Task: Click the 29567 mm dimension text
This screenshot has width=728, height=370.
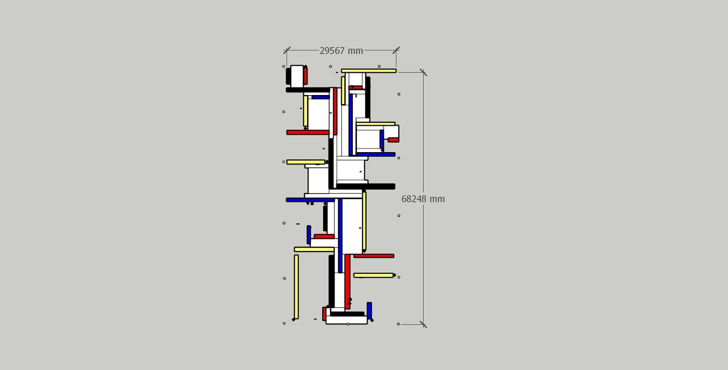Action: tap(341, 51)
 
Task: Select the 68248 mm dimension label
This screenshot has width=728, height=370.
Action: tap(423, 199)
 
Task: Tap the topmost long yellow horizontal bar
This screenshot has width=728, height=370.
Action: tap(369, 71)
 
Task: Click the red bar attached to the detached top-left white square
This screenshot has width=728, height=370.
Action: tap(305, 76)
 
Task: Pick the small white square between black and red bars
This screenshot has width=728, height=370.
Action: tap(297, 76)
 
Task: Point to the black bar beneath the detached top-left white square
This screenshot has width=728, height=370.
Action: tap(308, 90)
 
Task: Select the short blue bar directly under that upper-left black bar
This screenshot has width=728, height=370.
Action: tap(321, 97)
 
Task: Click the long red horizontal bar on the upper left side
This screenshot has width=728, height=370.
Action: tap(308, 132)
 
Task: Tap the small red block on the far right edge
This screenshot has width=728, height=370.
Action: tap(393, 140)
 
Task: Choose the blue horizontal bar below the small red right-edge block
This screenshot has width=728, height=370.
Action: tap(376, 155)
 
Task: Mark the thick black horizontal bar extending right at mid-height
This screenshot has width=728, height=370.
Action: tap(366, 187)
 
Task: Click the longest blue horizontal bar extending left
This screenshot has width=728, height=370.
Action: tap(310, 200)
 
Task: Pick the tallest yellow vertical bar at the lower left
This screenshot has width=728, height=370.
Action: tap(296, 287)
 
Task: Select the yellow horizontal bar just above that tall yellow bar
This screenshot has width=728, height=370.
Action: tap(314, 250)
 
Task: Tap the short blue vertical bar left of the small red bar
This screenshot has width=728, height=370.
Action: tap(309, 235)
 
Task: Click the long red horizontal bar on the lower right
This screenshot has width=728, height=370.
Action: tap(374, 256)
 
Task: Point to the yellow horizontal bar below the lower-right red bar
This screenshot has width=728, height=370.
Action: tap(374, 275)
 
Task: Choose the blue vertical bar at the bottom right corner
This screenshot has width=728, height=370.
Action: tap(369, 310)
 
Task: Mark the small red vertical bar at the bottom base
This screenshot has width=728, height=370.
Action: tap(324, 314)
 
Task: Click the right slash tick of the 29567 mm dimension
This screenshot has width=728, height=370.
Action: tap(396, 51)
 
